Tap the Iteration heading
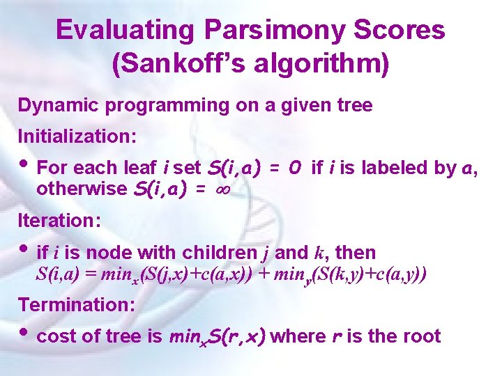[60, 221]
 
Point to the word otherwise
[75, 189]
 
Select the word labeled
[390, 168]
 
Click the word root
[422, 337]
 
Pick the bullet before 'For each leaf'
[25, 166]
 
